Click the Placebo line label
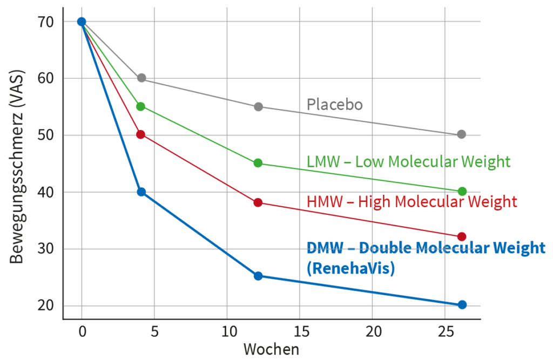point(335,104)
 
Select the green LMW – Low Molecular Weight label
point(408,161)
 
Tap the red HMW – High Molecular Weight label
point(412,202)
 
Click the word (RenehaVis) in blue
point(350,268)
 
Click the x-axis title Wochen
point(271,349)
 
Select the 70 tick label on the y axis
point(47,22)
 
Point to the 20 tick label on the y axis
point(47,306)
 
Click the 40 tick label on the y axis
point(47,192)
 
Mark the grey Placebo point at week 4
point(141,78)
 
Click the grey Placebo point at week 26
point(461,134)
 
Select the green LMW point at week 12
point(258,163)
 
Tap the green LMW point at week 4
point(141,106)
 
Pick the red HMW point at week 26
point(462,236)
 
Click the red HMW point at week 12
point(258,202)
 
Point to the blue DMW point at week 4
point(141,192)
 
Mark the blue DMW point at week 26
point(462,305)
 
